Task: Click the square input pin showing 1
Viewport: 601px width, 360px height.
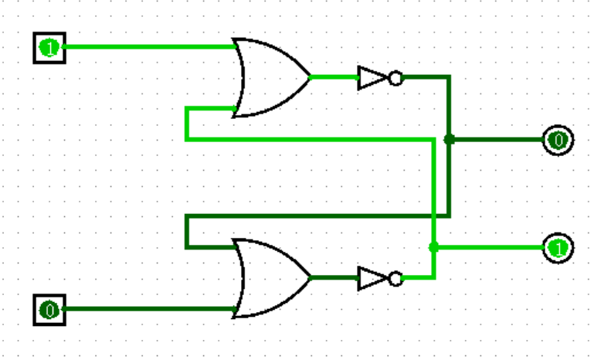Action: coord(49,48)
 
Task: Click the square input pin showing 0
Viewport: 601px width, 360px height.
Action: coord(49,311)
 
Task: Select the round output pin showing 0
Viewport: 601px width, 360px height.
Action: coord(558,140)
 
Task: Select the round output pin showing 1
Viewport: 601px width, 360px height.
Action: coord(558,248)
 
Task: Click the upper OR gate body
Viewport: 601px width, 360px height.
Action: coord(270,77)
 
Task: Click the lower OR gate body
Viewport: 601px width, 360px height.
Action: coord(270,278)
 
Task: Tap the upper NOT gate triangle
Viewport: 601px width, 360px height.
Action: coord(371,77)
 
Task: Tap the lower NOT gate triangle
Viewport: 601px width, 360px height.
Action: coord(371,278)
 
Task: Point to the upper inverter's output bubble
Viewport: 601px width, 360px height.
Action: coord(396,77)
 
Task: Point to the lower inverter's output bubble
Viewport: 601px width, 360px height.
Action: coord(396,278)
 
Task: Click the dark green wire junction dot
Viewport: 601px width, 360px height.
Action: coord(449,140)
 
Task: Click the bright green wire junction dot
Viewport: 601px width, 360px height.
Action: coord(433,247)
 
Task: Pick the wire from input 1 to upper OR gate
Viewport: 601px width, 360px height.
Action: coord(147,47)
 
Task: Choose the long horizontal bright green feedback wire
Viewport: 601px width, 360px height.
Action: coord(309,139)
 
